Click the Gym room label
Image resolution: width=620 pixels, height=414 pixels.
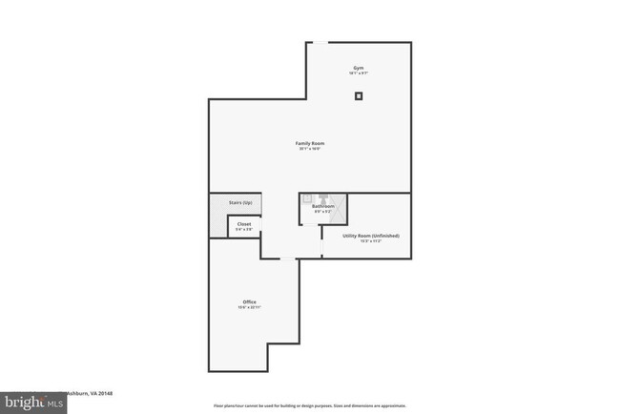click(x=358, y=67)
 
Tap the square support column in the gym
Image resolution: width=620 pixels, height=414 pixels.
click(x=359, y=95)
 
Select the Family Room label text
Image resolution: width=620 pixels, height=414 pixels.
click(x=310, y=143)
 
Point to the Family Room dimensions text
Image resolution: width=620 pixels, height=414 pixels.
click(x=310, y=149)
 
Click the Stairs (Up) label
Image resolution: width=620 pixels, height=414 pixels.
click(x=240, y=202)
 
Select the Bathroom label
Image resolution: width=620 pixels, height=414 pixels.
click(x=322, y=206)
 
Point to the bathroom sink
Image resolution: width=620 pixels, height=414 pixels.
click(x=308, y=198)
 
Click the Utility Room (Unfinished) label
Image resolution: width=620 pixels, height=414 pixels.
click(x=371, y=235)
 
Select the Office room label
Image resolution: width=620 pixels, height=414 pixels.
click(x=249, y=301)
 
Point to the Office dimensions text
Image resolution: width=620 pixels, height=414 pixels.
click(x=249, y=307)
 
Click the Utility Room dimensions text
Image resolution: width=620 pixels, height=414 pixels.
click(x=371, y=241)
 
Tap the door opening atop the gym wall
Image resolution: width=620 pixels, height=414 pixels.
click(x=321, y=42)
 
